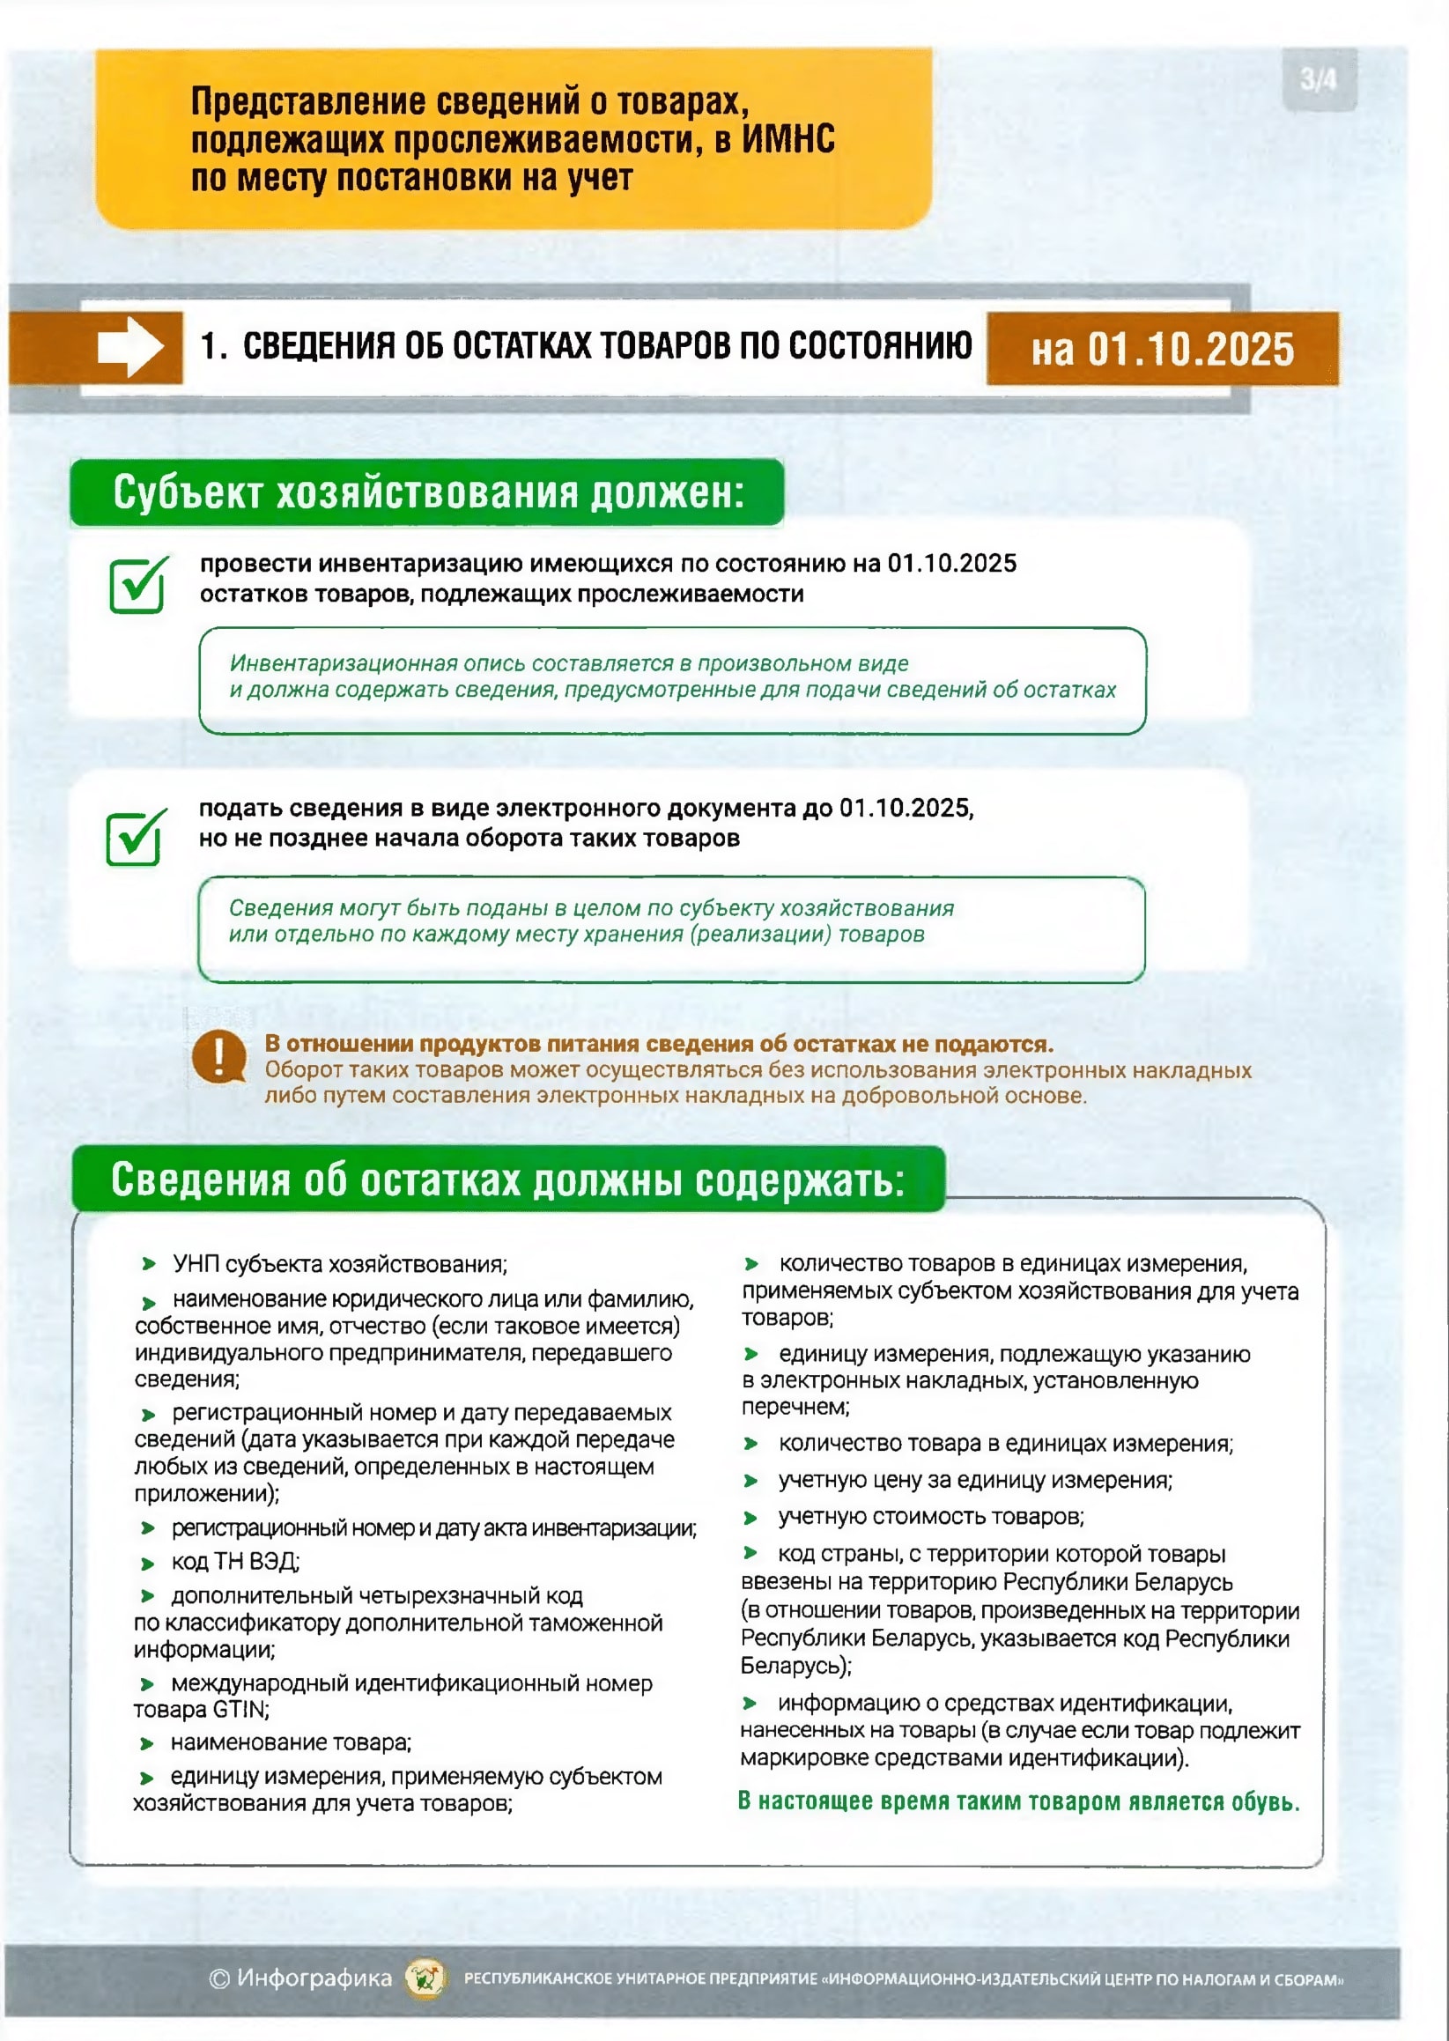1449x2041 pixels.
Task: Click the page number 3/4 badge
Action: (1318, 80)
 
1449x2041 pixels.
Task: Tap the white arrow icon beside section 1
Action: (130, 347)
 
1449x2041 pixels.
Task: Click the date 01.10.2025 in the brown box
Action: (1190, 350)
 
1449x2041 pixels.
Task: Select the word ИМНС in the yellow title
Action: (787, 140)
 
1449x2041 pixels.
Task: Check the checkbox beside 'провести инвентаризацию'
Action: (137, 586)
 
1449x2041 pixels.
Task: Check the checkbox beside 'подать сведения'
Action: (135, 838)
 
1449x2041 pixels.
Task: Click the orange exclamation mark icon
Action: (218, 1058)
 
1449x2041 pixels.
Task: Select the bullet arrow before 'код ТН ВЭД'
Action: (148, 1563)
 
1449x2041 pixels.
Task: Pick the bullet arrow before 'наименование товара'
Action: (147, 1744)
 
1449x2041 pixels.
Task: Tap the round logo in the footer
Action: (426, 1978)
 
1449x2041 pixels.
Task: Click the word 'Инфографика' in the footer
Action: (314, 1978)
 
